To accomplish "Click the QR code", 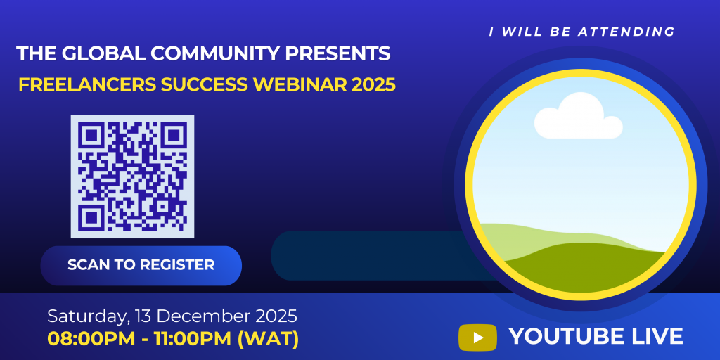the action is click(132, 176).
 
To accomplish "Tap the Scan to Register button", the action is click(141, 265).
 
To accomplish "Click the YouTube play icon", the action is click(477, 337).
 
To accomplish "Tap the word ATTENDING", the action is click(626, 32).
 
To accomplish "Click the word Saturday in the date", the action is click(84, 316).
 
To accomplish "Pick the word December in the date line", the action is click(198, 316).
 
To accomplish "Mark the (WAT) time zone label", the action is click(268, 339).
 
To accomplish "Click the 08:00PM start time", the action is click(91, 339).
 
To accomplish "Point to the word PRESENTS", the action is click(337, 53).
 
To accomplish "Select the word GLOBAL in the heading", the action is click(103, 53).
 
